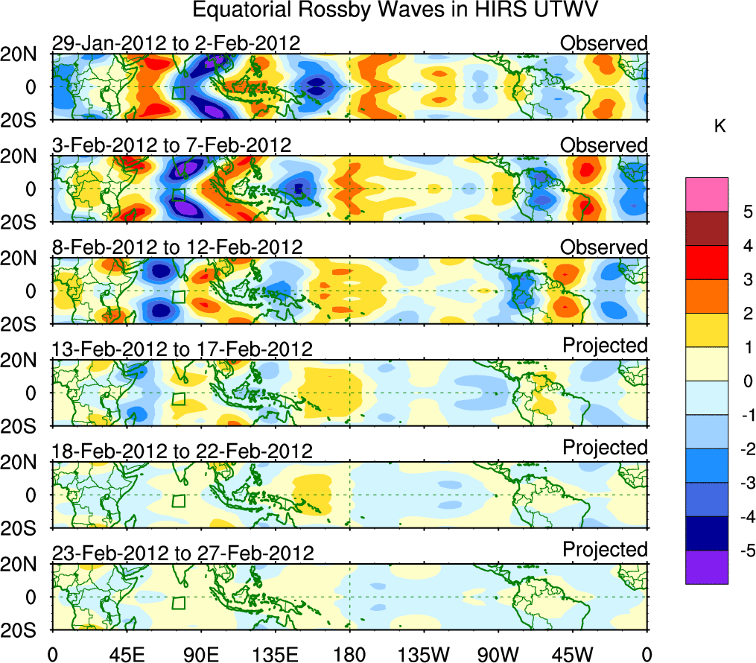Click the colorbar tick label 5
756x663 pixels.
pyautogui.click(x=743, y=212)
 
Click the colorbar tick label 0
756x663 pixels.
pyautogui.click(x=743, y=381)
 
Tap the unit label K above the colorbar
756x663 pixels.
pyautogui.click(x=720, y=127)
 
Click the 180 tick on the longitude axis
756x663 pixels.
pyautogui.click(x=349, y=654)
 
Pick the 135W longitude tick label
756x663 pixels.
pyautogui.click(x=424, y=654)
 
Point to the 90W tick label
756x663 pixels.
pyautogui.click(x=498, y=654)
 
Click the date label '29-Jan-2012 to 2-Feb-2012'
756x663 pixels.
pyautogui.click(x=177, y=43)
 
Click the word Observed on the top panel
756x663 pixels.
pyautogui.click(x=604, y=43)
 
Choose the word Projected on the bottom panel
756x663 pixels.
pyautogui.click(x=605, y=550)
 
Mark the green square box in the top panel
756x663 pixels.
pyautogui.click(x=178, y=92)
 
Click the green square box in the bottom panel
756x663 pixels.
pyautogui.click(x=178, y=603)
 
